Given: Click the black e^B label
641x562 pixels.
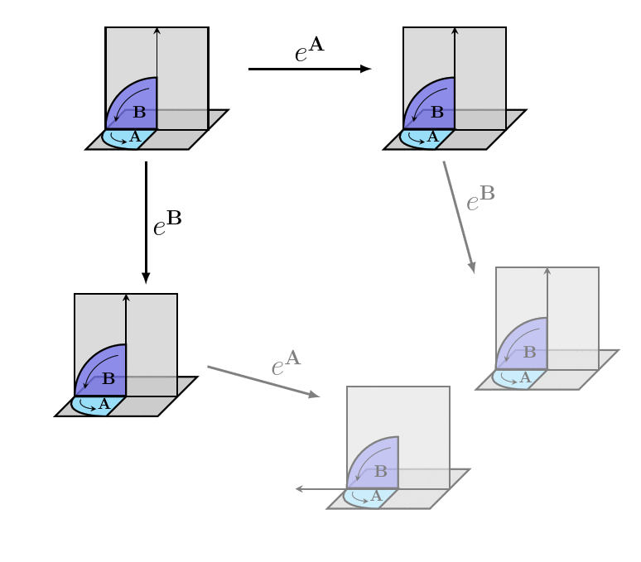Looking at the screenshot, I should click(x=167, y=223).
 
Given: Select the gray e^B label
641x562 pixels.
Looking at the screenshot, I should click(x=480, y=199).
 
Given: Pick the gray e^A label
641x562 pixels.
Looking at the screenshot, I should click(x=286, y=364).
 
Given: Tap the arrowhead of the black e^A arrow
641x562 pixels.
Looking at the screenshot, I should click(x=366, y=69).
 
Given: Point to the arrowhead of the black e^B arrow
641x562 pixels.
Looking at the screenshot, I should click(x=146, y=278).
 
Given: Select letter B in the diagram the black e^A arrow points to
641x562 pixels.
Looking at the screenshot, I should click(x=437, y=113).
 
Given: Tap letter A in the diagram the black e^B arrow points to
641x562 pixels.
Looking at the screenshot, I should click(x=104, y=404).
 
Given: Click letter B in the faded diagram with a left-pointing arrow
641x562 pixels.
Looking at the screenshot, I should click(x=380, y=472).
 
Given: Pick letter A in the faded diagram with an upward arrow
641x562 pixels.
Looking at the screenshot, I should click(x=524, y=377).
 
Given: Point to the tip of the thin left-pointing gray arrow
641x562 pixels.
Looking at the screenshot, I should click(x=296, y=489).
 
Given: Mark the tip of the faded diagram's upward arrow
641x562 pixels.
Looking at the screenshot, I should click(x=547, y=269).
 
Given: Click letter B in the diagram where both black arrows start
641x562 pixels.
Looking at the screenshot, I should click(x=139, y=113).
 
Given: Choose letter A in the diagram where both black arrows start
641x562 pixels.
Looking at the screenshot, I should click(x=135, y=137).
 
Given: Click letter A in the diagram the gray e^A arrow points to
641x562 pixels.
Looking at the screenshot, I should click(x=376, y=496).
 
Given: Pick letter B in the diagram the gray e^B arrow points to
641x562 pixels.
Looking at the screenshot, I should click(x=529, y=353).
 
